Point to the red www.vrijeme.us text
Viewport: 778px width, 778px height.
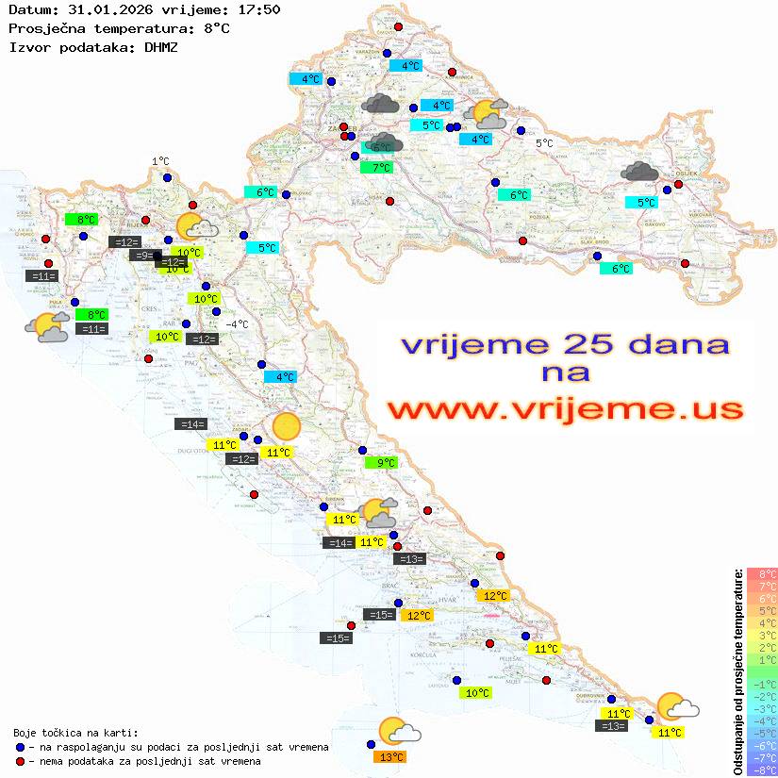point(564,409)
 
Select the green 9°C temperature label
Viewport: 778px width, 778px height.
point(381,463)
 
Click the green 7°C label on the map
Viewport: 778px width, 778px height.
point(376,168)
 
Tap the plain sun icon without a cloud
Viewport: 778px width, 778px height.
point(286,427)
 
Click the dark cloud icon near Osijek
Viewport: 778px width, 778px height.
point(640,171)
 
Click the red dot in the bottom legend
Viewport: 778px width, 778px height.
point(21,761)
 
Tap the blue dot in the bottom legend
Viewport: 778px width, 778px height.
point(21,747)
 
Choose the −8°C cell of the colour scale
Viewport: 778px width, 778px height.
point(761,770)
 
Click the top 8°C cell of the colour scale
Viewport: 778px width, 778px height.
point(761,573)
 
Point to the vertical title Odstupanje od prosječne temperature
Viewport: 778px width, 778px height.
point(738,671)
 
